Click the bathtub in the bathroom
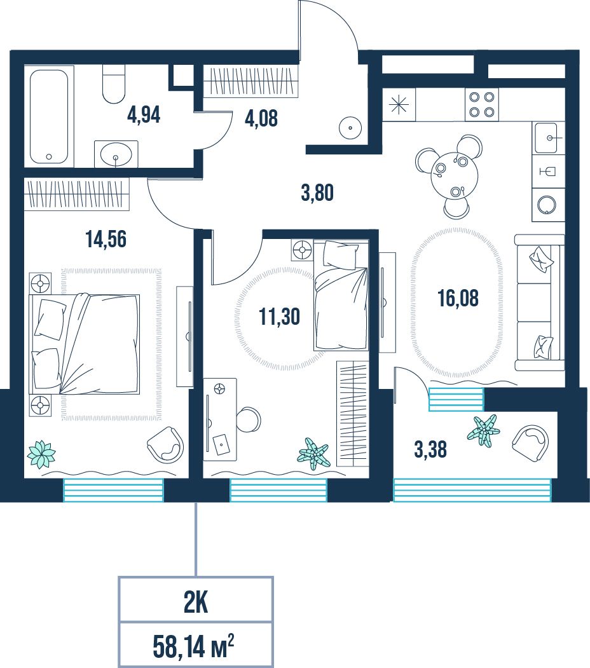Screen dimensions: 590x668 coord(49,116)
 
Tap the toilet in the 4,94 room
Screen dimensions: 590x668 coord(114,85)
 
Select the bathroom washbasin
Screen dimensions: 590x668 coord(116,153)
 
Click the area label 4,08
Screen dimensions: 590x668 coord(261,118)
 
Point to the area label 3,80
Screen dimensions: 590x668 coord(317,193)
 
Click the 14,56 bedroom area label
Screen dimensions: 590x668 coord(106,239)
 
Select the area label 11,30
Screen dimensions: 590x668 coord(279,317)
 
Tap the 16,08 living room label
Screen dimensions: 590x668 coord(458,298)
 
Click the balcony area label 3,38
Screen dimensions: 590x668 coord(430,449)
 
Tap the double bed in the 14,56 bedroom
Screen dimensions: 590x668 coord(85,343)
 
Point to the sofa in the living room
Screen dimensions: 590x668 coord(540,302)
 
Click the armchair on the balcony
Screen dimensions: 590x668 coord(530,444)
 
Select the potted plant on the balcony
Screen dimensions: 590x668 coord(483,430)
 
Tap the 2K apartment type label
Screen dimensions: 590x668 coord(196,603)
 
